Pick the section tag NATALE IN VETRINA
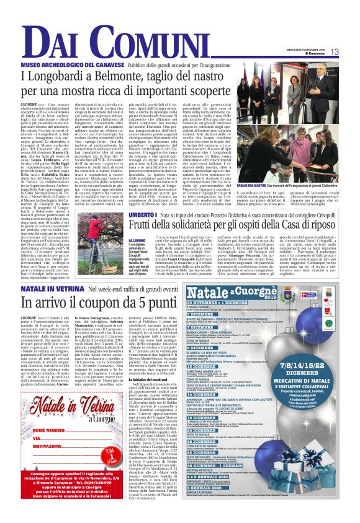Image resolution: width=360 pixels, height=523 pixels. tap(48, 289)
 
